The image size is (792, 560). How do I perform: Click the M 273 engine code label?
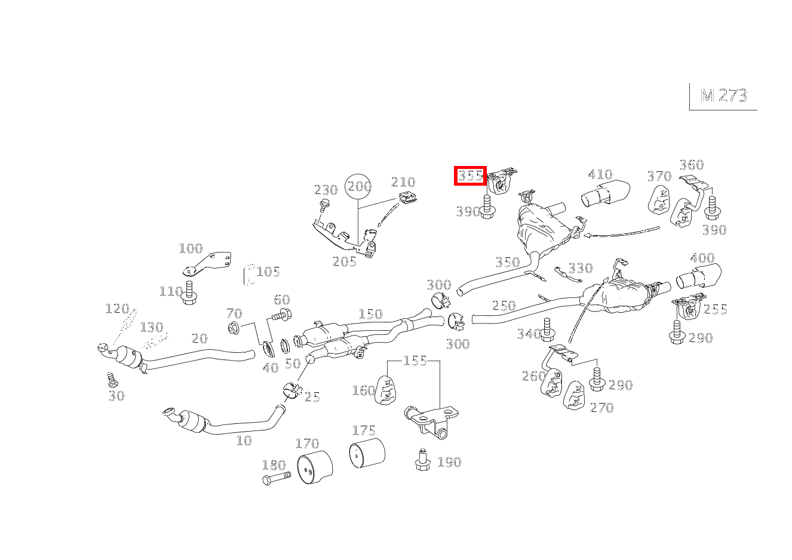[x=723, y=96]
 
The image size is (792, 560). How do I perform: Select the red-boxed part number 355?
[x=470, y=176]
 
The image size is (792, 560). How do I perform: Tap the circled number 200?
[x=359, y=187]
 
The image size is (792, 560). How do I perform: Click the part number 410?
[x=600, y=174]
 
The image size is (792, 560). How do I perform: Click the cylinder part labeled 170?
[x=314, y=468]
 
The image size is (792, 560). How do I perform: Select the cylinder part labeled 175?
[x=367, y=455]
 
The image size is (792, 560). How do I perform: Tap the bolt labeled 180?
[x=276, y=478]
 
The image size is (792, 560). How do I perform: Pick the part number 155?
[x=415, y=361]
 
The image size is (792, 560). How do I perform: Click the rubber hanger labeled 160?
[x=387, y=390]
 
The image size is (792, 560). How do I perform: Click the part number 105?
[x=268, y=272]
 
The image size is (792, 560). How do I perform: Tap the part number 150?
[x=370, y=314]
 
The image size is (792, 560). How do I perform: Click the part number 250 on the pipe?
[x=503, y=306]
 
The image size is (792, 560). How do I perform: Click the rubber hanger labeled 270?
[x=575, y=396]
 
